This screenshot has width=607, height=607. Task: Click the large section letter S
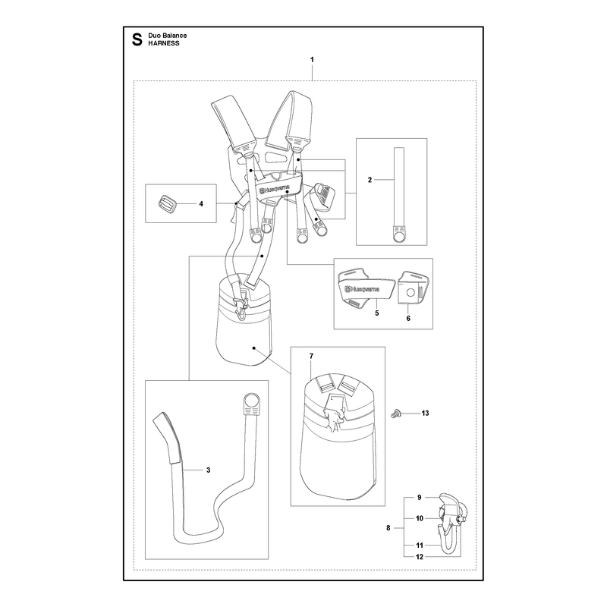(x=137, y=39)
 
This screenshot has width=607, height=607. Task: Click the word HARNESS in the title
(x=164, y=43)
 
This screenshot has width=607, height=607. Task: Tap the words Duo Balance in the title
(x=167, y=36)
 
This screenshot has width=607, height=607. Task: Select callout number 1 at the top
(x=312, y=60)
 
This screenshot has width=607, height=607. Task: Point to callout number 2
(x=370, y=180)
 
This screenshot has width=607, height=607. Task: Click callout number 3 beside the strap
(x=208, y=470)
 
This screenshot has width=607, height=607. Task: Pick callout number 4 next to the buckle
(x=201, y=203)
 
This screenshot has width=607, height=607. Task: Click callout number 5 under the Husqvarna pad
(x=377, y=313)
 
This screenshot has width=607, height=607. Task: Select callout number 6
(x=408, y=318)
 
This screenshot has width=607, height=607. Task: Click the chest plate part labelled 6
(x=413, y=287)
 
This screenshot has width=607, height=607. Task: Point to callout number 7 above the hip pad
(x=311, y=356)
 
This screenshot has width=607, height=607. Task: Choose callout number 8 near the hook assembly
(x=388, y=527)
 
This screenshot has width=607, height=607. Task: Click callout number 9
(x=420, y=498)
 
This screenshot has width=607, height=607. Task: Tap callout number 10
(x=420, y=518)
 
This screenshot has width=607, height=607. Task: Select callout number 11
(x=420, y=546)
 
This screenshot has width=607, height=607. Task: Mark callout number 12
(x=420, y=557)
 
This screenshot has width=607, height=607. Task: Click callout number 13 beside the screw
(x=425, y=413)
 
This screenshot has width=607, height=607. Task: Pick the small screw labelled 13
(x=395, y=414)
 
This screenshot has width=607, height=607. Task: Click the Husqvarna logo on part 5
(x=363, y=289)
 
